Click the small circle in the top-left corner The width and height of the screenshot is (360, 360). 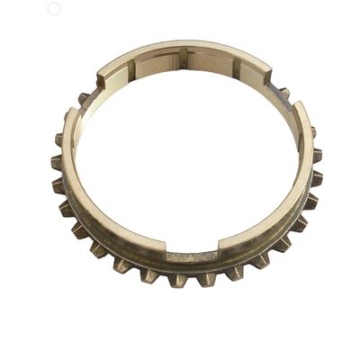pos(53,8)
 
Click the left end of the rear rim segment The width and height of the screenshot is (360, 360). pos(101,76)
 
